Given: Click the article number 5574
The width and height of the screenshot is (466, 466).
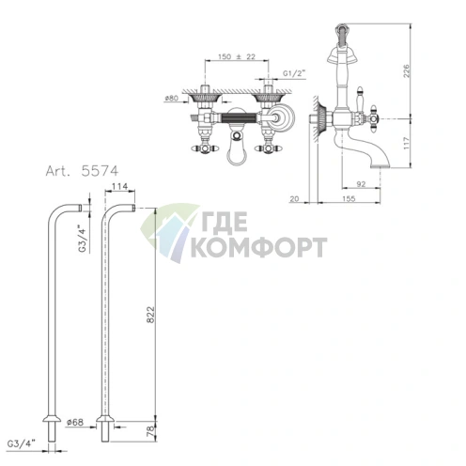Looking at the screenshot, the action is click(100, 171).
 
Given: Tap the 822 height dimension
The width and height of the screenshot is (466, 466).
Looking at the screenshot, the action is click(151, 315).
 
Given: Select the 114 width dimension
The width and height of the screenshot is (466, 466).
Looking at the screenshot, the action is click(119, 187).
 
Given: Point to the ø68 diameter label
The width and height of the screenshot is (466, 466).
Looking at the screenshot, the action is click(75, 422).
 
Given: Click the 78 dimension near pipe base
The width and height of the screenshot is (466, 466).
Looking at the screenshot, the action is click(151, 431).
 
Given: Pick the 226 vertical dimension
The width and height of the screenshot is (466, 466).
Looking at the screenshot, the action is click(406, 71).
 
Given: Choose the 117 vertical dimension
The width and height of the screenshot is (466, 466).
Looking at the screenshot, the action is click(406, 143).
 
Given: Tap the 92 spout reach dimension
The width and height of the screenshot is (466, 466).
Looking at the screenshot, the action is click(361, 184).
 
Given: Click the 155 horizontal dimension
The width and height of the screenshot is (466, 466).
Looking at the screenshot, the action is click(349, 198).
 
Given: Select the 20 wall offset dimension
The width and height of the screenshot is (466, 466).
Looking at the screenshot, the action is click(294, 198).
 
